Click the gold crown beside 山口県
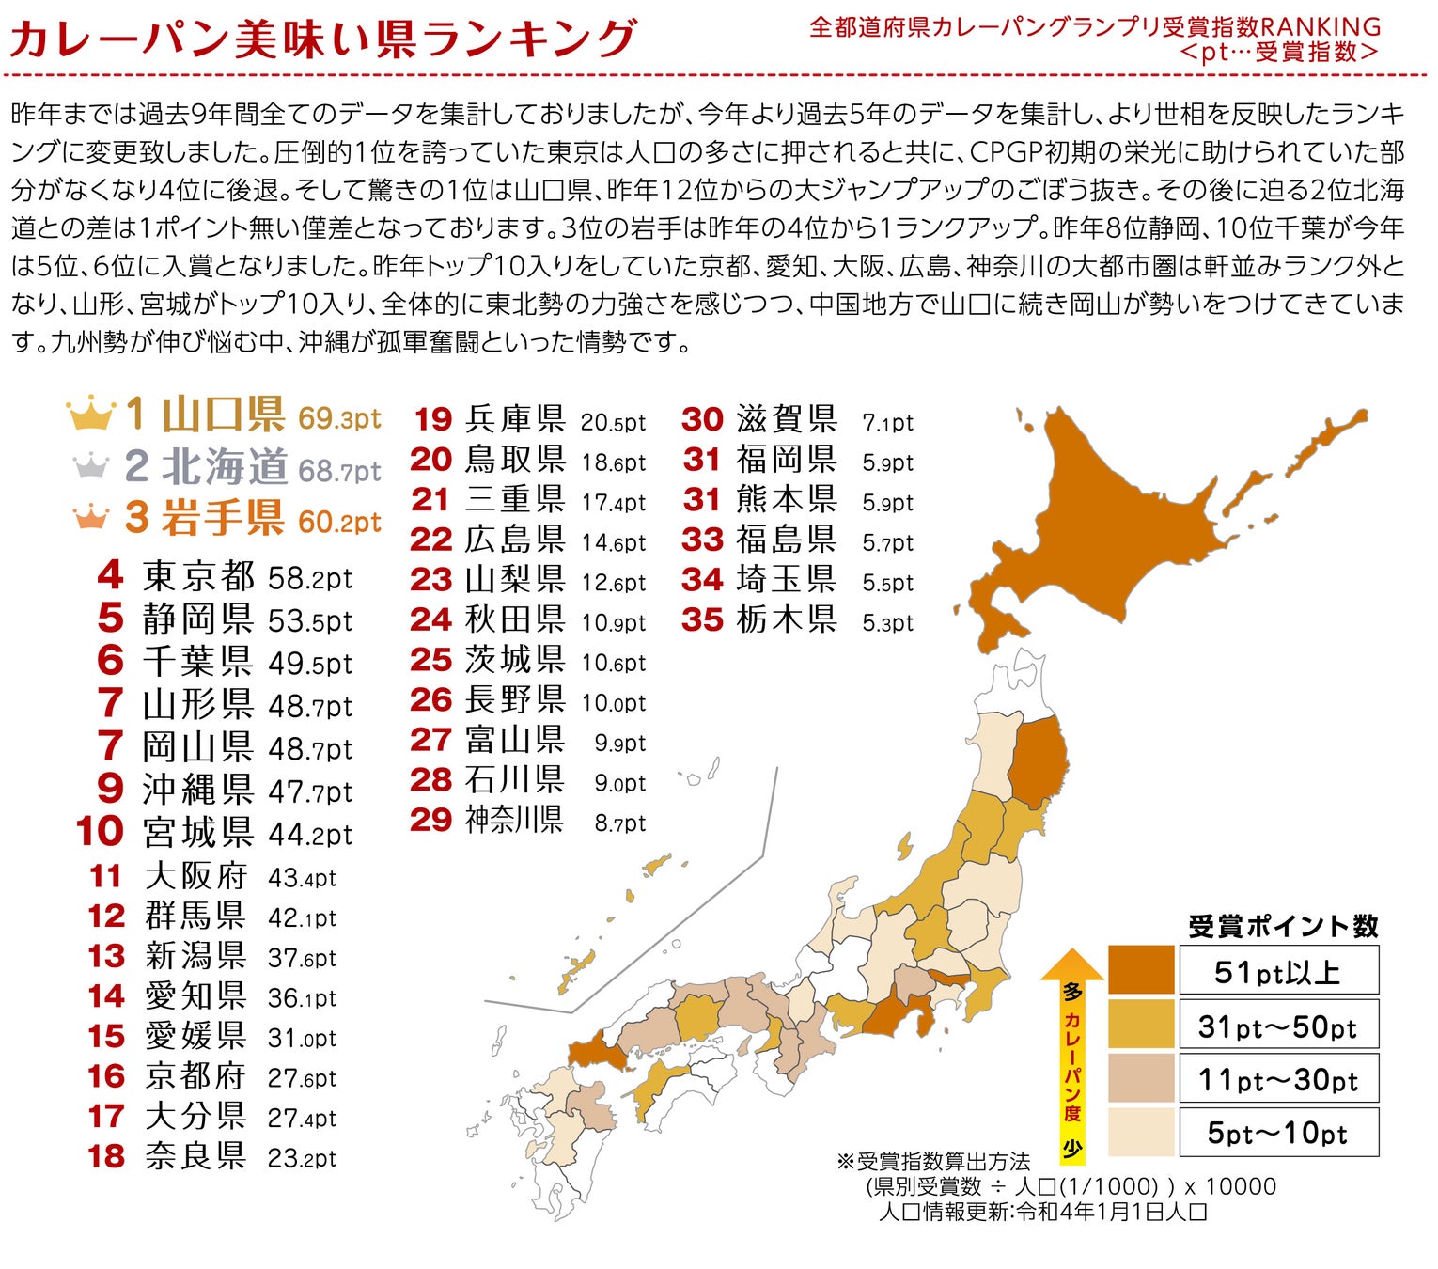(91, 414)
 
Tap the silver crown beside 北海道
(91, 464)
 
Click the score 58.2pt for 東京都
(310, 577)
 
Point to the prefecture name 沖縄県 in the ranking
(197, 790)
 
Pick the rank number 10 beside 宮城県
(100, 831)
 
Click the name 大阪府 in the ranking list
(195, 876)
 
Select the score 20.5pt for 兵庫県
(613, 422)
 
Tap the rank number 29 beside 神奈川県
(431, 820)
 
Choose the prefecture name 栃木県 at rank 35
(786, 619)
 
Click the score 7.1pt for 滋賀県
(887, 423)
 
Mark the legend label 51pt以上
(1278, 971)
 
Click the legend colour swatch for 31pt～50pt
(1141, 1024)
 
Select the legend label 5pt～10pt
(1278, 1133)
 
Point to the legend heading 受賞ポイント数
(1283, 927)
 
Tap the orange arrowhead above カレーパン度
(1072, 965)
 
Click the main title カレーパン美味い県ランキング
(322, 39)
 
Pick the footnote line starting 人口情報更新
(1042, 1211)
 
